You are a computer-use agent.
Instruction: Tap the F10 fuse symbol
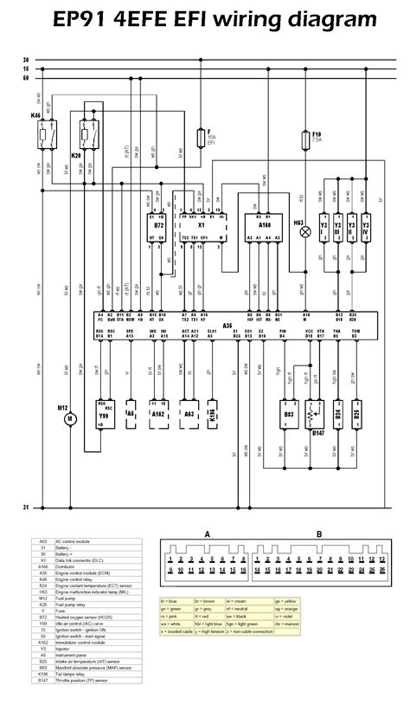pos(304,142)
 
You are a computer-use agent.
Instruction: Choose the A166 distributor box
pos(263,227)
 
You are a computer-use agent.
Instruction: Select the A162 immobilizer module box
pos(158,414)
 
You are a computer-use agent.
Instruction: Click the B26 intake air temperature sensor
pos(359,414)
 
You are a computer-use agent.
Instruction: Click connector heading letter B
pos(319,534)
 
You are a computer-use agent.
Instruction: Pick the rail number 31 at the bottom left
pos(25,507)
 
